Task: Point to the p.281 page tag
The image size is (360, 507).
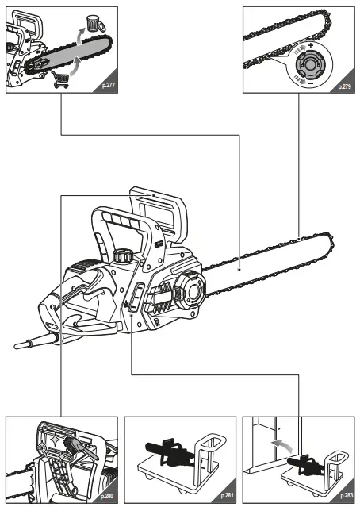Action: (227, 497)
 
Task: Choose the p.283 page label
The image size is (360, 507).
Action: (345, 497)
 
